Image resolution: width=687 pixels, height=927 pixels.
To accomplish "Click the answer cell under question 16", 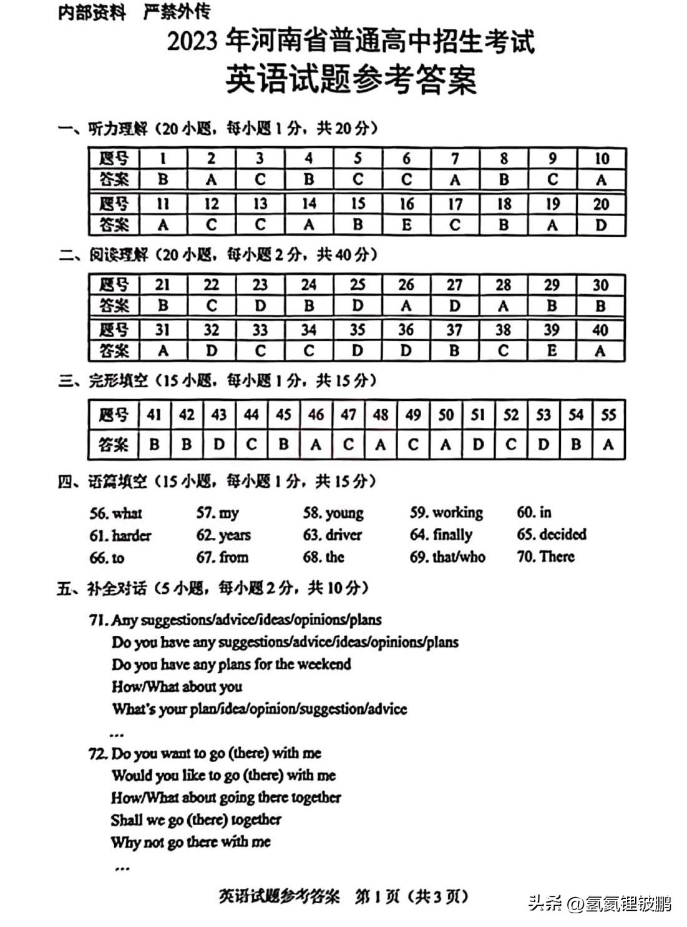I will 406,225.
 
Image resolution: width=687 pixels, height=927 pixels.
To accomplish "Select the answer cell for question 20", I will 601,225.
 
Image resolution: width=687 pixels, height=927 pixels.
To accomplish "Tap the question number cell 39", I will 552,329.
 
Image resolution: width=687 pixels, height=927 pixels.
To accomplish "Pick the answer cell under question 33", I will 260,351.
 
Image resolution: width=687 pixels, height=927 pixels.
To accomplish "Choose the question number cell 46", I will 316,415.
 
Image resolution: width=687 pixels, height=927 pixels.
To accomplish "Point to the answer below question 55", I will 608,445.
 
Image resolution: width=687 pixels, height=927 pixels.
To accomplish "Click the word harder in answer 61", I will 131,536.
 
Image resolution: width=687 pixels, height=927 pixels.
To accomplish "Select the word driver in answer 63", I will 343,535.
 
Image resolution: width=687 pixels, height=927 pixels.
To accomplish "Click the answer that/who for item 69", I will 459,557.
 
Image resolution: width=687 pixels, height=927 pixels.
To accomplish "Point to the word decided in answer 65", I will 563,535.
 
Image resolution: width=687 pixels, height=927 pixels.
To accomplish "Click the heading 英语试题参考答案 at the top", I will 351,80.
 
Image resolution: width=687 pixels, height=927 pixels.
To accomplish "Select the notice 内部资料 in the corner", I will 91,12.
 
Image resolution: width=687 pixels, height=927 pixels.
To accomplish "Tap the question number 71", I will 99,620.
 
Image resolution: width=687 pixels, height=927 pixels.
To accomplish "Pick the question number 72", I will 99,753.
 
